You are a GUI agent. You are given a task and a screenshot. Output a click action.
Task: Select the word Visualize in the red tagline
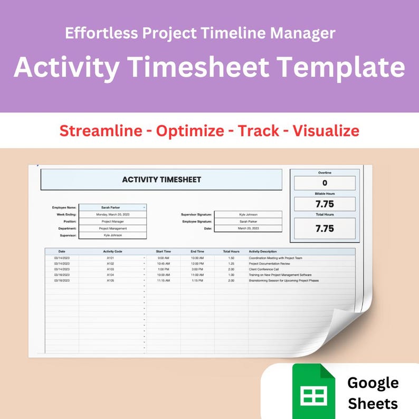click(326, 130)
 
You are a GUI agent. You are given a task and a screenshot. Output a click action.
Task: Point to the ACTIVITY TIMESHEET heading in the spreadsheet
click(161, 179)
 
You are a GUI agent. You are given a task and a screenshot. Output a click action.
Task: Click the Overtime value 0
click(325, 183)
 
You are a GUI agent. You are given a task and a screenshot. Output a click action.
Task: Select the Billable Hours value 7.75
click(325, 204)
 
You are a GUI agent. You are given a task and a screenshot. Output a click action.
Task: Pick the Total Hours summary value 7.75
click(325, 228)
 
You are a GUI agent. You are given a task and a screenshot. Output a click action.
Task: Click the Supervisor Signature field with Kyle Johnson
click(248, 214)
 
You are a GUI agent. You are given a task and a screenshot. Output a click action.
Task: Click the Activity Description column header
click(262, 251)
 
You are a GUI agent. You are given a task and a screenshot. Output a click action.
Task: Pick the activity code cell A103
click(110, 269)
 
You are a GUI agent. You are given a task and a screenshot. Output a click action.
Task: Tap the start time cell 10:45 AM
click(163, 263)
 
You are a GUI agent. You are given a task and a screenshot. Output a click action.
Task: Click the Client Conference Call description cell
click(263, 269)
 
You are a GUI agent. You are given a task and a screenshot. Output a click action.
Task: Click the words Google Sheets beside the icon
click(373, 393)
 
